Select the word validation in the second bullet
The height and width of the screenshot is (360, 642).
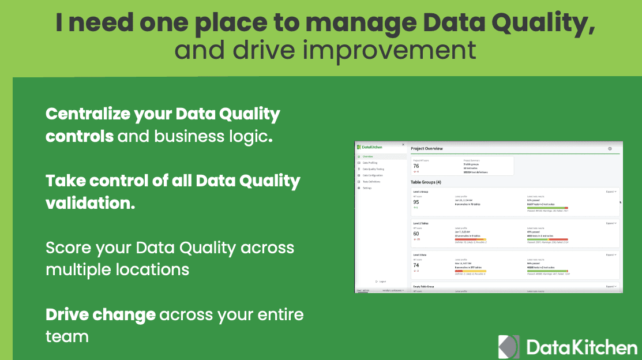[x=90, y=202]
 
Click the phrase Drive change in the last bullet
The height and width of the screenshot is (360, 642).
[x=100, y=314]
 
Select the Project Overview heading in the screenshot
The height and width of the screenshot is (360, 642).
[x=427, y=149]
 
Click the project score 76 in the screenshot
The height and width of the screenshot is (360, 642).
[x=416, y=166]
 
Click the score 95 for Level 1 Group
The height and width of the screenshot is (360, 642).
[x=416, y=202]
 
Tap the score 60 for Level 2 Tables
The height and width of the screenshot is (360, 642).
[x=416, y=234]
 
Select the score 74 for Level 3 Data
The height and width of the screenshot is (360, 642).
[x=416, y=265]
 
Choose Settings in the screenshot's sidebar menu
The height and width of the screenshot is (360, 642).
[x=367, y=188]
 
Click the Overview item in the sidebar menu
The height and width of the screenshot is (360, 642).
[x=368, y=156]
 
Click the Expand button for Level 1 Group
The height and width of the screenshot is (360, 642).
[x=611, y=191]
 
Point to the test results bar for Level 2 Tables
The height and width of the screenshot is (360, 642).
[x=547, y=239]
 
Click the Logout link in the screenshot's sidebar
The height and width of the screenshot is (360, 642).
[x=382, y=282]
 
